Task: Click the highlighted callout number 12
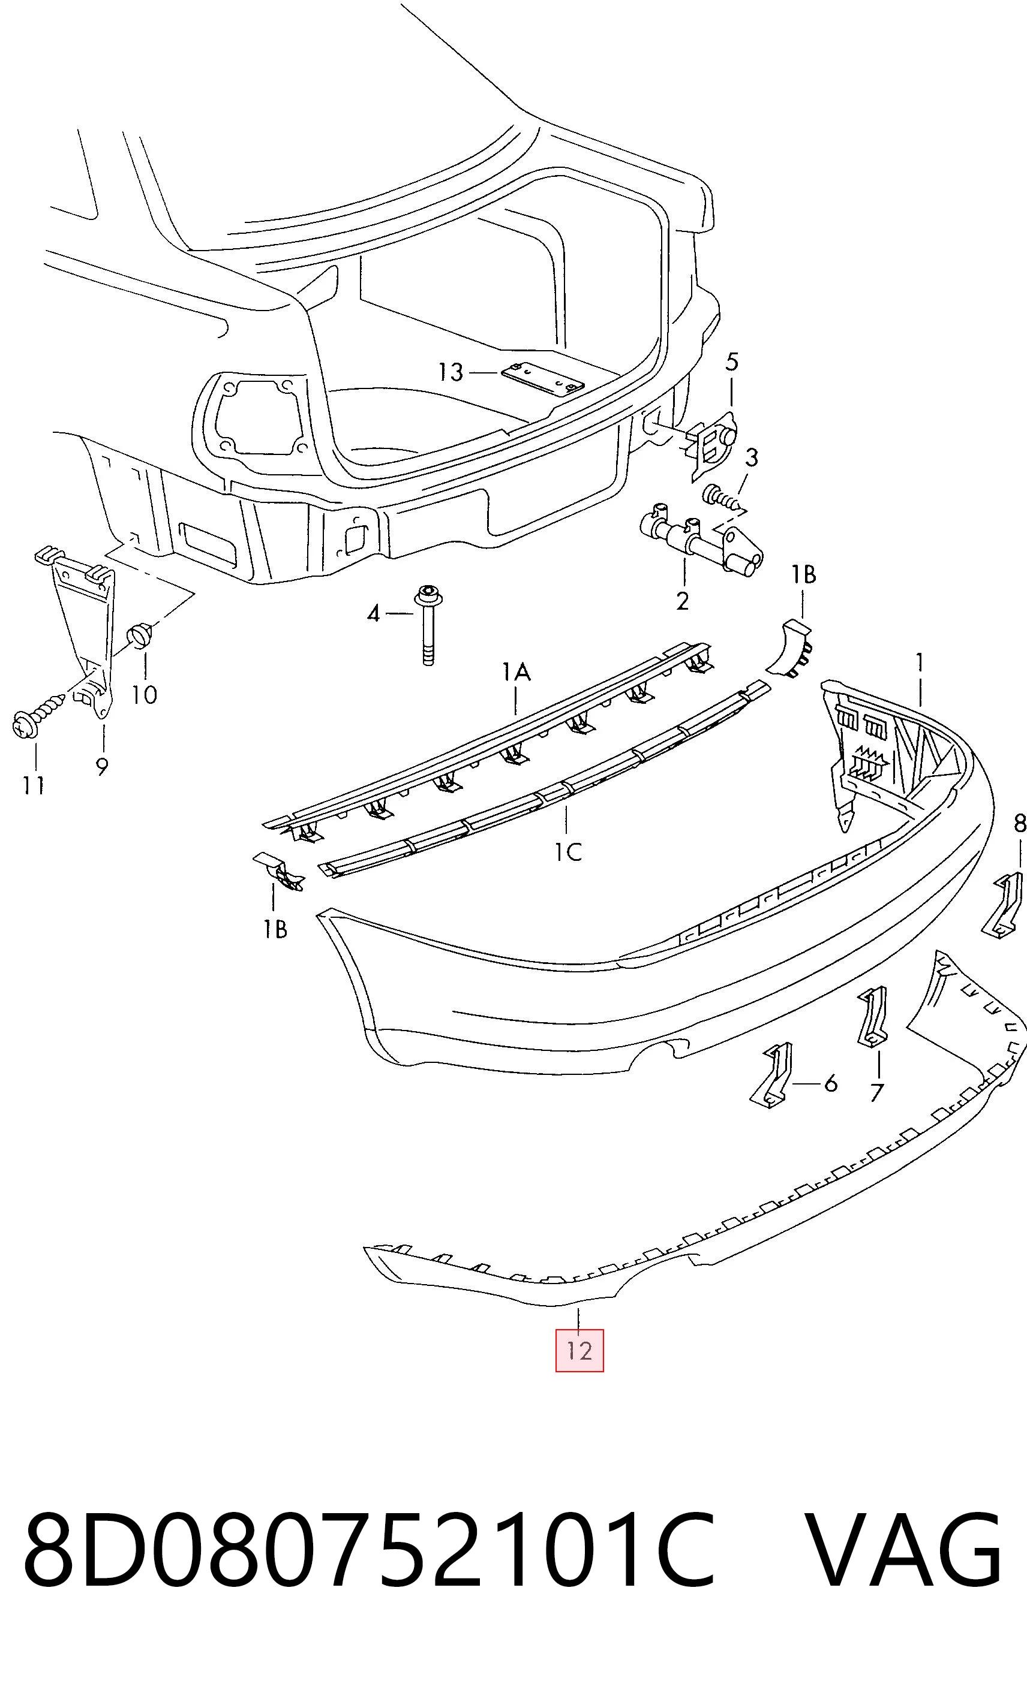pyautogui.click(x=579, y=1351)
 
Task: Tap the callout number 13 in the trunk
pyautogui.click(x=451, y=372)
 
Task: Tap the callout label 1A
pyautogui.click(x=517, y=673)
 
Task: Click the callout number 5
pyautogui.click(x=732, y=362)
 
